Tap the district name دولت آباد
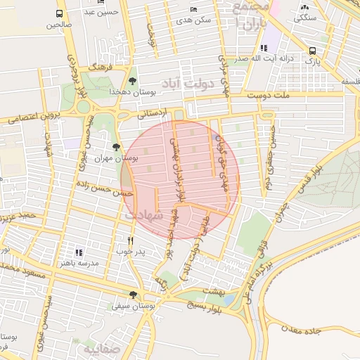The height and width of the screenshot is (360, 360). click(x=191, y=84)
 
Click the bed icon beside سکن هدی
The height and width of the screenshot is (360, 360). click(x=193, y=9)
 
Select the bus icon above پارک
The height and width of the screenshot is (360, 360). click(x=312, y=51)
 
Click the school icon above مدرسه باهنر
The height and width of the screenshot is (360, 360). click(x=79, y=252)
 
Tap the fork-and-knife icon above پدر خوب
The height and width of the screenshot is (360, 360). click(x=130, y=240)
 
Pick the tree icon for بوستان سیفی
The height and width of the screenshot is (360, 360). click(x=133, y=295)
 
